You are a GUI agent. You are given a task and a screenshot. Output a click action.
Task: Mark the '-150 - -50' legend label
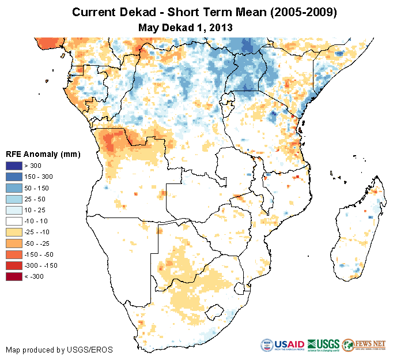point(40,254)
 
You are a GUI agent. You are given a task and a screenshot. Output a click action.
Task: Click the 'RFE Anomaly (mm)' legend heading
point(43,155)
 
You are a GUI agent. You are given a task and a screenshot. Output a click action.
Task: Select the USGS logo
point(323,345)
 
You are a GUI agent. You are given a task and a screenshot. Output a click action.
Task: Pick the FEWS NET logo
point(364,345)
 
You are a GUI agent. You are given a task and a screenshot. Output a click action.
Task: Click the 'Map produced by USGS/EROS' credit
point(59,350)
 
